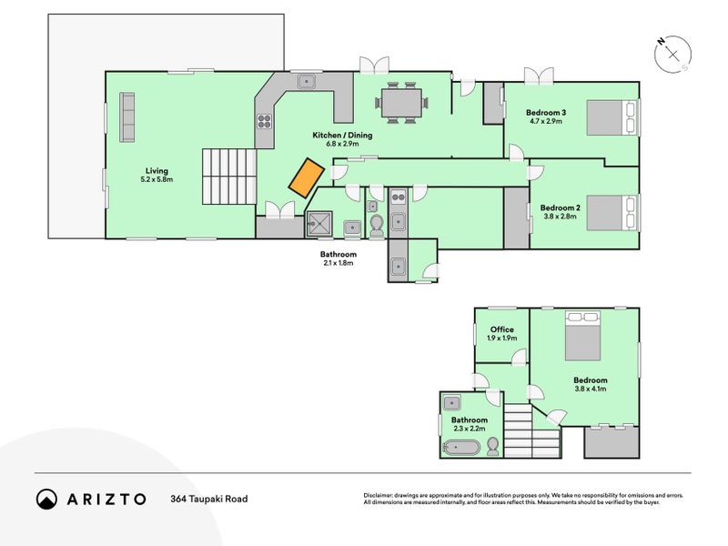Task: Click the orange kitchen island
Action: click(x=308, y=176)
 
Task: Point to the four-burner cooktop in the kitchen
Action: click(x=264, y=120)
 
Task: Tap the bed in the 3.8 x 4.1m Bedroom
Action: click(x=584, y=338)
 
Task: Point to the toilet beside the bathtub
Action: click(x=492, y=445)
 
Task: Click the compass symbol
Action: click(x=672, y=54)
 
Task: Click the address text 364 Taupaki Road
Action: click(x=208, y=499)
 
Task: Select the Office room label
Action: click(x=502, y=329)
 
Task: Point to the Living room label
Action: click(x=157, y=170)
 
